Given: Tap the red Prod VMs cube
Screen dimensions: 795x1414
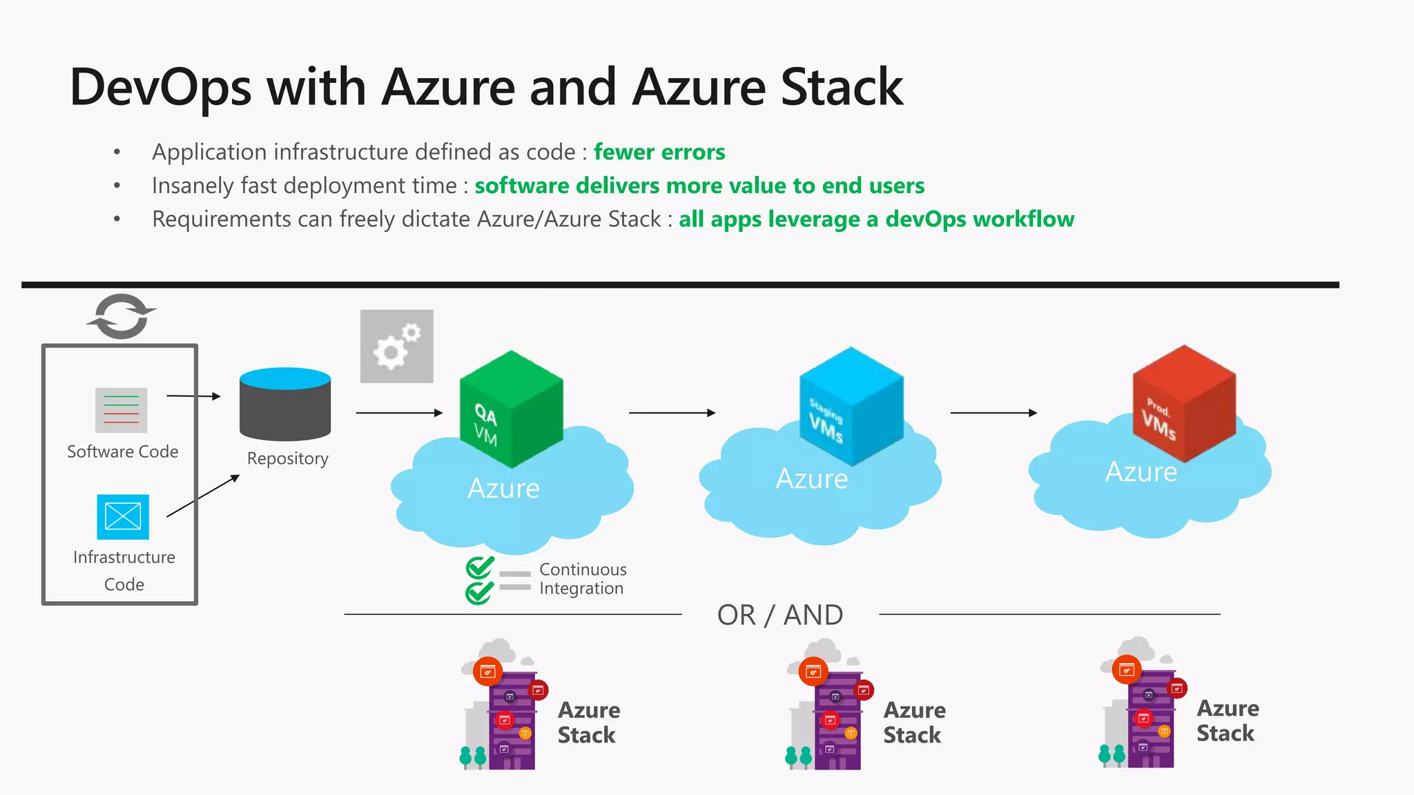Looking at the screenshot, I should point(1184,403).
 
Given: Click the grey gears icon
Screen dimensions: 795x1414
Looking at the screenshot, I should point(396,346).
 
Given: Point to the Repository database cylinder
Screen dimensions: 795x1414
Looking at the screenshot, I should point(285,404).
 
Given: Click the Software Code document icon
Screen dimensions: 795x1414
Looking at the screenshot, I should point(122,410).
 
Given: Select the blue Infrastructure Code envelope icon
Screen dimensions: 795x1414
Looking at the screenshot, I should point(123,517).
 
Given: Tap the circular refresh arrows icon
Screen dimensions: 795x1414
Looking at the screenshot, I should point(122,317).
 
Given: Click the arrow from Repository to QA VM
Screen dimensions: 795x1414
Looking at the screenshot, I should point(399,413).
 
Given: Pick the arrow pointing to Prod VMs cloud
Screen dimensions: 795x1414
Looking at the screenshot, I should point(994,413).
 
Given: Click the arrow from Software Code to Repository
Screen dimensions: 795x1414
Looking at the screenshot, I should point(193,396).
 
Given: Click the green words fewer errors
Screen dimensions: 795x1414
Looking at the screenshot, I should point(659,152).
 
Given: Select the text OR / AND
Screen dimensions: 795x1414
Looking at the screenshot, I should point(779,615).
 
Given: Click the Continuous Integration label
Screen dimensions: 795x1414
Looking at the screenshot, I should point(582,579).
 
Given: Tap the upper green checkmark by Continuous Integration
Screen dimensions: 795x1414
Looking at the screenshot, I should point(479,567).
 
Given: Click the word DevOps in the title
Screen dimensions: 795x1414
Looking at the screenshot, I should point(160,88).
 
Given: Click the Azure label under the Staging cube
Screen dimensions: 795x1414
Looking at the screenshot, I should point(811,478).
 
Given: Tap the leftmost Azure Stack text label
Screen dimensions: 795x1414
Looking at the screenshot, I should point(588,723).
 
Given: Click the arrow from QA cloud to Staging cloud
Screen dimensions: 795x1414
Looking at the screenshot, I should point(672,413).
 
